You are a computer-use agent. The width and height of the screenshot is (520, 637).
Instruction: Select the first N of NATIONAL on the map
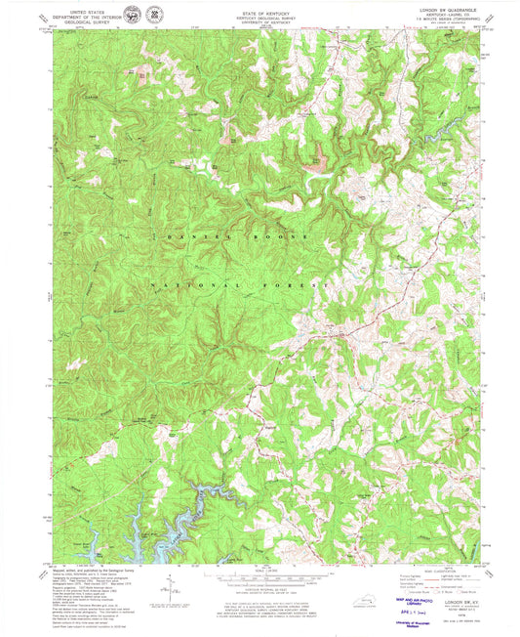coord(153,284)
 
